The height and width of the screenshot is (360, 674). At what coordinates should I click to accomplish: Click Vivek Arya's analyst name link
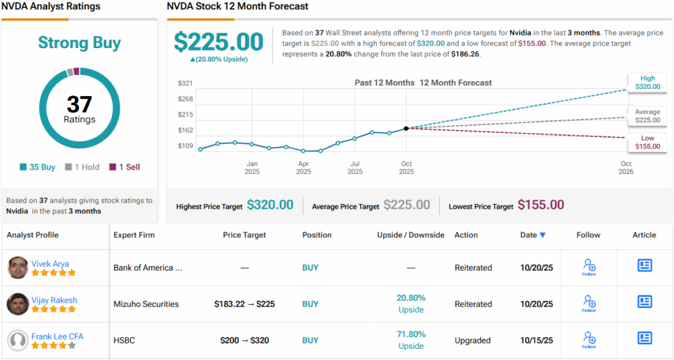pyautogui.click(x=50, y=263)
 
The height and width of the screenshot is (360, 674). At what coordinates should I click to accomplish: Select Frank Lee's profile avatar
pyautogui.click(x=18, y=340)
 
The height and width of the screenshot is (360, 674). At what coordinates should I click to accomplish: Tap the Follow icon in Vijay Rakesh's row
pyautogui.click(x=589, y=303)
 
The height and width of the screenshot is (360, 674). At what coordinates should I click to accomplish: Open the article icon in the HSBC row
pyautogui.click(x=644, y=338)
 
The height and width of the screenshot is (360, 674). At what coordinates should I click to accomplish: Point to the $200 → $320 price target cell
pyautogui.click(x=244, y=340)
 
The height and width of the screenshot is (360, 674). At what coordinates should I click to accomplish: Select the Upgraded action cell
pyautogui.click(x=473, y=340)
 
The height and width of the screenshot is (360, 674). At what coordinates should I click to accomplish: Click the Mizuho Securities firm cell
pyautogui.click(x=145, y=304)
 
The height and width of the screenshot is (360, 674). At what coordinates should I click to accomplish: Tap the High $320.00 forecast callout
pyautogui.click(x=647, y=82)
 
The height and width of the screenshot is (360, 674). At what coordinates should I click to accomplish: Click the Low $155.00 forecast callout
pyautogui.click(x=647, y=142)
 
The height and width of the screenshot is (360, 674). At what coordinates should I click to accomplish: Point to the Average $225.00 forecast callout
pyautogui.click(x=647, y=116)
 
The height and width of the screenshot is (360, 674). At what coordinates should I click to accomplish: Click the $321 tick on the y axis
pyautogui.click(x=185, y=84)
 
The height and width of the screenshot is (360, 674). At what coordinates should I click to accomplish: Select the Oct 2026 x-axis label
pyautogui.click(x=626, y=168)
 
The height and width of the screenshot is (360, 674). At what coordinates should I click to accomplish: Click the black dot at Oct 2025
pyautogui.click(x=406, y=128)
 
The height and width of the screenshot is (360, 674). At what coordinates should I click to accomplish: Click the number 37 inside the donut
pyautogui.click(x=79, y=104)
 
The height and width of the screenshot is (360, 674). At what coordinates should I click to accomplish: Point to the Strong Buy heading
pyautogui.click(x=79, y=43)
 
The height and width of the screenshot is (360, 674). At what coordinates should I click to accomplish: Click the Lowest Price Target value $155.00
pyautogui.click(x=540, y=205)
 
